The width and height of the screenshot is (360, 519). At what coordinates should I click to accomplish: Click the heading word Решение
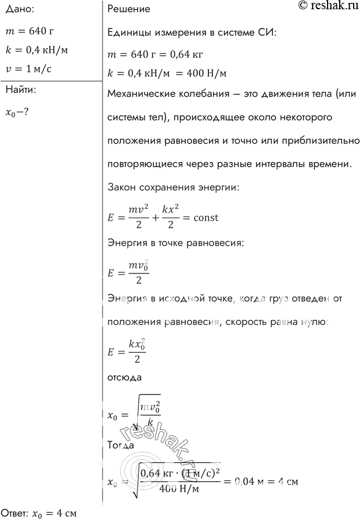129,9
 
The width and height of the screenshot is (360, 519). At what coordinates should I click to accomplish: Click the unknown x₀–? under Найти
17,112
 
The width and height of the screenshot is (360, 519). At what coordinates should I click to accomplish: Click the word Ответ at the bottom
14,512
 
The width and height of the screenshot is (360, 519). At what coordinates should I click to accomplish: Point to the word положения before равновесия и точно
135,141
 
